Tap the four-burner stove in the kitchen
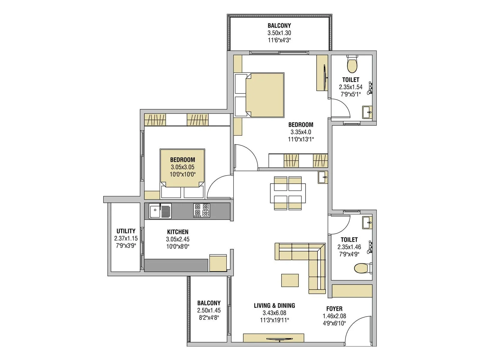click(202, 210)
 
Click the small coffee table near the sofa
click(290, 280)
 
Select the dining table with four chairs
click(288, 193)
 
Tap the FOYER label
click(334, 309)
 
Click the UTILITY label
click(126, 231)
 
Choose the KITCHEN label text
click(178, 232)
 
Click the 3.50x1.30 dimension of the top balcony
click(279, 33)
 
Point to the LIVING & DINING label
click(274, 305)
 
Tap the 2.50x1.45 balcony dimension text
click(209, 310)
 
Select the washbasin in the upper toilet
click(367, 112)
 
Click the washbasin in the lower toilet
click(367, 223)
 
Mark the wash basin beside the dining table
click(323, 177)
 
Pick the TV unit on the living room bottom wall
click(273, 338)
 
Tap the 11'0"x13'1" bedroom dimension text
click(301, 139)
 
